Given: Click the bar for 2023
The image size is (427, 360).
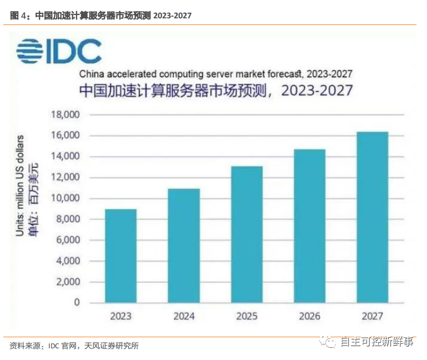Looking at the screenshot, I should [120, 256].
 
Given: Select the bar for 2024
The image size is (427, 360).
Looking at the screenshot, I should [184, 246].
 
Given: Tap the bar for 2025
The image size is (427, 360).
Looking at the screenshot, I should [247, 234].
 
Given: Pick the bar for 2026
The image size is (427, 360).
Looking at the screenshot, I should [310, 226].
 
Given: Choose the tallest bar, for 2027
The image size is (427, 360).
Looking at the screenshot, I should [373, 217].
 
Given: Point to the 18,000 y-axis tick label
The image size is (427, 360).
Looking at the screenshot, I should [66, 115].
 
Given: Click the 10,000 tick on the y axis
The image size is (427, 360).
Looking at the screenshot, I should [66, 198].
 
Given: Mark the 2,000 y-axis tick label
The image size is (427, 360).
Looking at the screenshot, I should [68, 282].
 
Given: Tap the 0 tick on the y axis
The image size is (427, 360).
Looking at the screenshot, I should [77, 303].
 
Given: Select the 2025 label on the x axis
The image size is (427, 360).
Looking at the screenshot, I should [247, 316].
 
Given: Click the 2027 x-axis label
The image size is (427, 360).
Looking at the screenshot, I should [373, 316].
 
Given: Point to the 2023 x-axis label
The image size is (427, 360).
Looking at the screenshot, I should [120, 316].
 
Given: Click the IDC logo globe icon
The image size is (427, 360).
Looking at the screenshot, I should [30, 52].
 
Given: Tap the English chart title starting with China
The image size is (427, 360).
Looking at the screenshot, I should [215, 73].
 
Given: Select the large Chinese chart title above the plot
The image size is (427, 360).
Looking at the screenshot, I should [215, 90].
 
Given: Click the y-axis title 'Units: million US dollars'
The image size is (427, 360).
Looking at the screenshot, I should [21, 185].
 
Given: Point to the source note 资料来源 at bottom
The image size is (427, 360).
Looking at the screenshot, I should [74, 346].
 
